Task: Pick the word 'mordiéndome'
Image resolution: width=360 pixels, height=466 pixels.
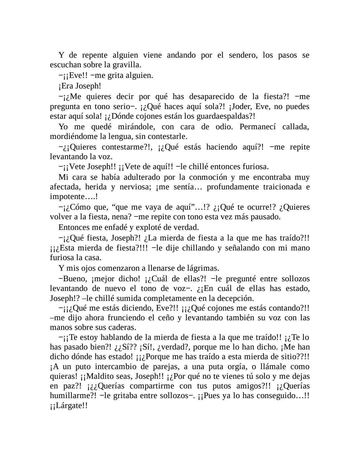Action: pyautogui.click(x=68, y=136)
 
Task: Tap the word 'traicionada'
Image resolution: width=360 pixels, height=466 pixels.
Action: pyautogui.click(x=275, y=187)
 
